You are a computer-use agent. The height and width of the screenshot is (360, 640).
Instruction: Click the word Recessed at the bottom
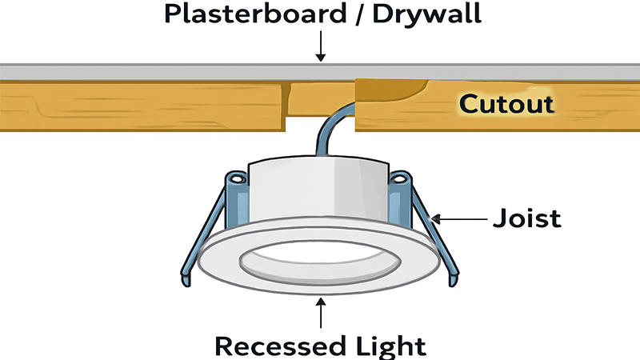point(273,345)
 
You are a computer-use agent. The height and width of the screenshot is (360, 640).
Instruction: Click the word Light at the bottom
point(389,345)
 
